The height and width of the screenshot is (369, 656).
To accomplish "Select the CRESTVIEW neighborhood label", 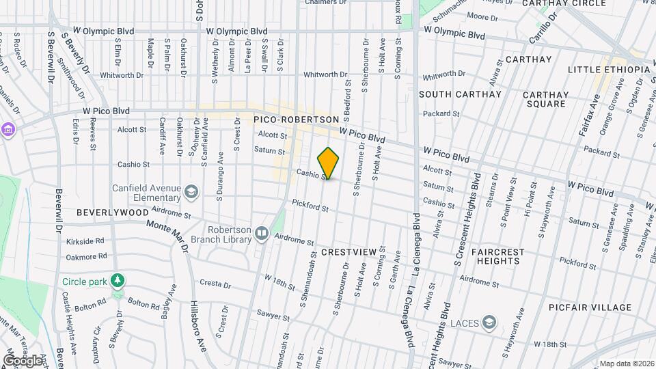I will click(348, 252).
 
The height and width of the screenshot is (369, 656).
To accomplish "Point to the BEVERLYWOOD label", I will click(102, 213).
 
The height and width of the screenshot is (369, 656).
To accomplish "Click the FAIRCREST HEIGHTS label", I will click(498, 256).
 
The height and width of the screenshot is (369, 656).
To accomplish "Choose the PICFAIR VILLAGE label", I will click(590, 307).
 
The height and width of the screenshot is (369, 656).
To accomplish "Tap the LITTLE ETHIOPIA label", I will click(609, 70).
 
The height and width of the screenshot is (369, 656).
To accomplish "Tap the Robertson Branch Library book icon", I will click(262, 234).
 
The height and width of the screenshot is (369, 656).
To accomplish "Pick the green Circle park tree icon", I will click(118, 281).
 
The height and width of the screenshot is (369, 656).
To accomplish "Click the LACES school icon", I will click(489, 321).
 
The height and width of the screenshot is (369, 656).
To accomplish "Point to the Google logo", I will click(23, 360).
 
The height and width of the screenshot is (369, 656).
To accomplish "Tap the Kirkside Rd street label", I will click(85, 241).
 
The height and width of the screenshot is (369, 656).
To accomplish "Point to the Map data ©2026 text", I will click(626, 363).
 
